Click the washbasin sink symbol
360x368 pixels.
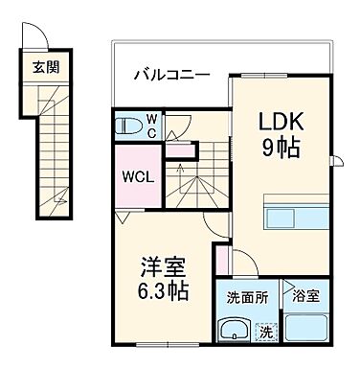click(233, 331)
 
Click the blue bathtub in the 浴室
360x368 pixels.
click(305, 331)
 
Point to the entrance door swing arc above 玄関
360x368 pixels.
click(32, 37)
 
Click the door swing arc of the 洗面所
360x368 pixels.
click(240, 264)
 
